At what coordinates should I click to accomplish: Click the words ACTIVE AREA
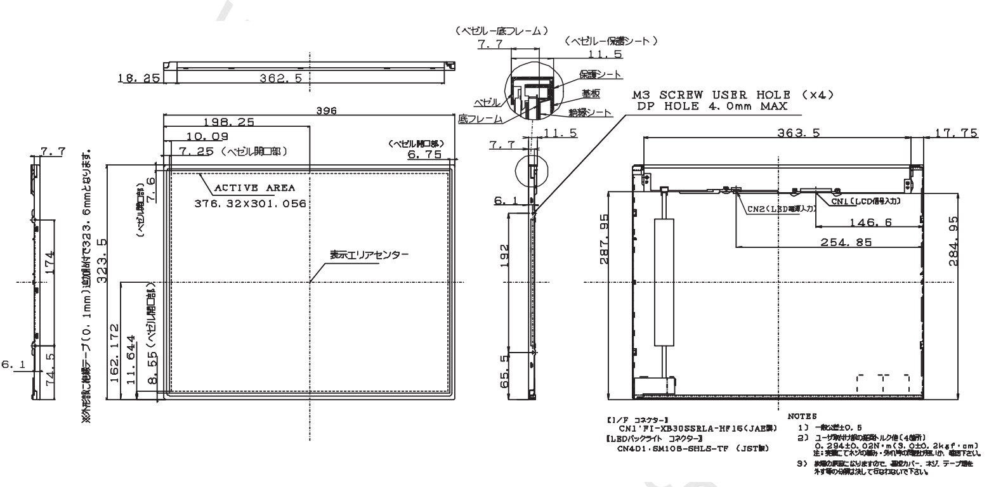click(255, 188)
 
